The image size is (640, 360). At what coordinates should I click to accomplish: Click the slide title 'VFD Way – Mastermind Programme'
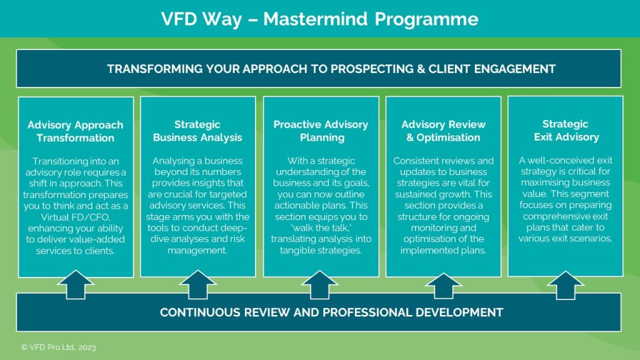pyautogui.click(x=319, y=19)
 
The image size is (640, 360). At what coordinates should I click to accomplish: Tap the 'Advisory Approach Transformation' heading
pyautogui.click(x=76, y=131)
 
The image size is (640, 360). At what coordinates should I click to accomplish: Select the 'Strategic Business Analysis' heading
pyautogui.click(x=197, y=131)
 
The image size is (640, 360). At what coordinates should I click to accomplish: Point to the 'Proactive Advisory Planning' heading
pyautogui.click(x=321, y=131)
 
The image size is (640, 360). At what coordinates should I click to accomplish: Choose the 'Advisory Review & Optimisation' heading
pyautogui.click(x=443, y=131)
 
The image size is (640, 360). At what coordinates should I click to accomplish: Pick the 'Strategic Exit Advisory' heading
pyautogui.click(x=566, y=131)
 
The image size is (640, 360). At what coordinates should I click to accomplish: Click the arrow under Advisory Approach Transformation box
pyautogui.click(x=76, y=284)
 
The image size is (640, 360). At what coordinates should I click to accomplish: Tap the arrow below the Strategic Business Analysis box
pyautogui.click(x=198, y=284)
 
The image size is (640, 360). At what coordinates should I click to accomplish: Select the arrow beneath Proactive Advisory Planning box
pyautogui.click(x=319, y=284)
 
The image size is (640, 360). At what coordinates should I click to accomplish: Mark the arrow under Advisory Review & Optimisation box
pyautogui.click(x=443, y=286)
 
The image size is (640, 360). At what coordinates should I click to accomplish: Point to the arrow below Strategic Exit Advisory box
pyautogui.click(x=566, y=285)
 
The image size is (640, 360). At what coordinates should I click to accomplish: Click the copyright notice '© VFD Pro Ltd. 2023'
pyautogui.click(x=58, y=347)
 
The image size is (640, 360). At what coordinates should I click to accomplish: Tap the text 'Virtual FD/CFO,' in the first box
pyautogui.click(x=76, y=217)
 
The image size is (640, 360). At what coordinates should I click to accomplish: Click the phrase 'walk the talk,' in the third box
pyautogui.click(x=321, y=227)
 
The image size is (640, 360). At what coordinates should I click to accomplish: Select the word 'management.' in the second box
pyautogui.click(x=197, y=250)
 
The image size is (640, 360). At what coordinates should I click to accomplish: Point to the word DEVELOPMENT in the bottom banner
pyautogui.click(x=459, y=312)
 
